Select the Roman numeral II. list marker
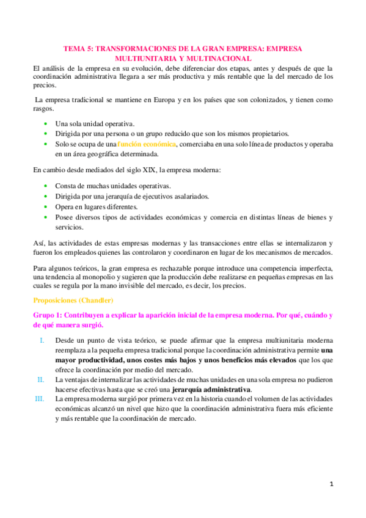point(40,379)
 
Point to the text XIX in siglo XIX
point(134,169)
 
